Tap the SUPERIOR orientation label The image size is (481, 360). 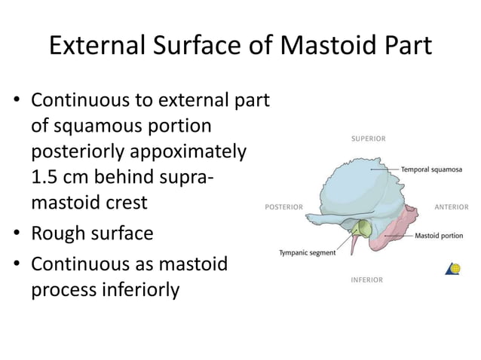coord(369,139)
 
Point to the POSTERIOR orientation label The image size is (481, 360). coord(283,206)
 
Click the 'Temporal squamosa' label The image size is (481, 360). coord(431,169)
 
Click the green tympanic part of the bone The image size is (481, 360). coord(364,228)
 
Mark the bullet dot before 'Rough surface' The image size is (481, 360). coord(15,234)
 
